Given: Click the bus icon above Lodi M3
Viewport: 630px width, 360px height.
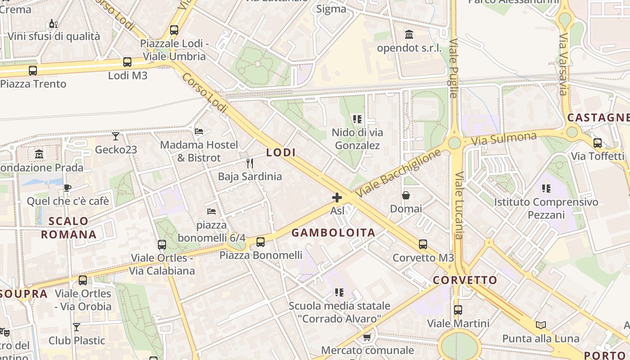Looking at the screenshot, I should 127,62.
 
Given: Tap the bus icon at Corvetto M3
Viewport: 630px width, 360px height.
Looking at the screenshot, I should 423,244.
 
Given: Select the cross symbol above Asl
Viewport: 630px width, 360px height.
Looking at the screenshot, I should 337,197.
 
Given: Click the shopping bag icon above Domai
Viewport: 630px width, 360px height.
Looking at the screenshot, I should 406,195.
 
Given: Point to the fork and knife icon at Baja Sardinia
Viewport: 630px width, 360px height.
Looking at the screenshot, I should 250,163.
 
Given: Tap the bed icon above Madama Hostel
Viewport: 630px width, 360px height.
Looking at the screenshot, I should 199,131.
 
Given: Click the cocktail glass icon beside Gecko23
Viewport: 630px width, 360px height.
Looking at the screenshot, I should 116,136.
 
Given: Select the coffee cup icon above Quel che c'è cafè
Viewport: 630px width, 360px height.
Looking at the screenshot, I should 67,188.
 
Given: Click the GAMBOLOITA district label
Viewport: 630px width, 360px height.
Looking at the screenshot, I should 333,233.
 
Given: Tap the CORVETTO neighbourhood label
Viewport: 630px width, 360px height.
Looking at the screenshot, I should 465,280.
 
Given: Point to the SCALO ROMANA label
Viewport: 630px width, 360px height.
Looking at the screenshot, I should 69,228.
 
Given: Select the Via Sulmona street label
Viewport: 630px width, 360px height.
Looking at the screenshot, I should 504,139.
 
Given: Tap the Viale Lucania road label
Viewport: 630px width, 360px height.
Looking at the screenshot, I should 459,205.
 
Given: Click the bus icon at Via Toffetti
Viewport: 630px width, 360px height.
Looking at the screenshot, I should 598,143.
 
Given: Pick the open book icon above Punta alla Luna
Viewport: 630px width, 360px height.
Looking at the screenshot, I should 541,325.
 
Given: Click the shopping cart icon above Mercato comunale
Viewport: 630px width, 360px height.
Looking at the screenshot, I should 367,337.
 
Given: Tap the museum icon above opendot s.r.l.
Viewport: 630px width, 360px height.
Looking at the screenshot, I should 409,34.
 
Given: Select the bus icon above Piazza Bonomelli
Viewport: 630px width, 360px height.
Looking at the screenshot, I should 261,242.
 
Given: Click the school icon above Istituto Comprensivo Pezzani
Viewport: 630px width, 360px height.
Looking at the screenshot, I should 546,188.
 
